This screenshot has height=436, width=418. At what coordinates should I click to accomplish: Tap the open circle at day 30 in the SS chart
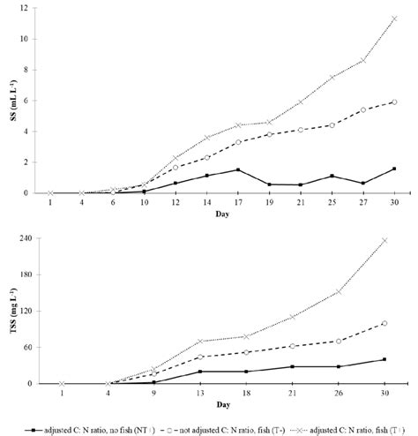[394, 101]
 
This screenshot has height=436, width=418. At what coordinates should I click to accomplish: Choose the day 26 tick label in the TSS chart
[338, 394]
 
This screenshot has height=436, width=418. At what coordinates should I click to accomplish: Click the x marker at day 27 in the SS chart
[362, 60]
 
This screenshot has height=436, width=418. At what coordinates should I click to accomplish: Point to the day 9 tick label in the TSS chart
[153, 394]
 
